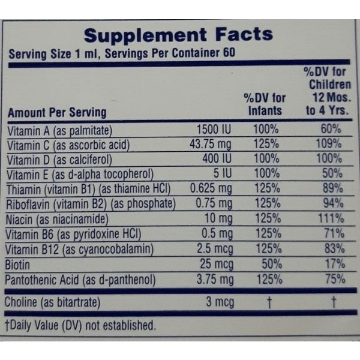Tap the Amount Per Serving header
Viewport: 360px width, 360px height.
coord(57,112)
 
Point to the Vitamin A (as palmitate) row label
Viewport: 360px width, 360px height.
coord(60,130)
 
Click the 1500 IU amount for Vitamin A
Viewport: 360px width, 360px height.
coord(215,130)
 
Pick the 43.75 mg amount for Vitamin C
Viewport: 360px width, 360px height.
coord(209,145)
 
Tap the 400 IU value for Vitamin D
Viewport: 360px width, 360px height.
coord(217,160)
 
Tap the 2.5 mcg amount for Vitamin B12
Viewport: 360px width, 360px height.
coord(214,248)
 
